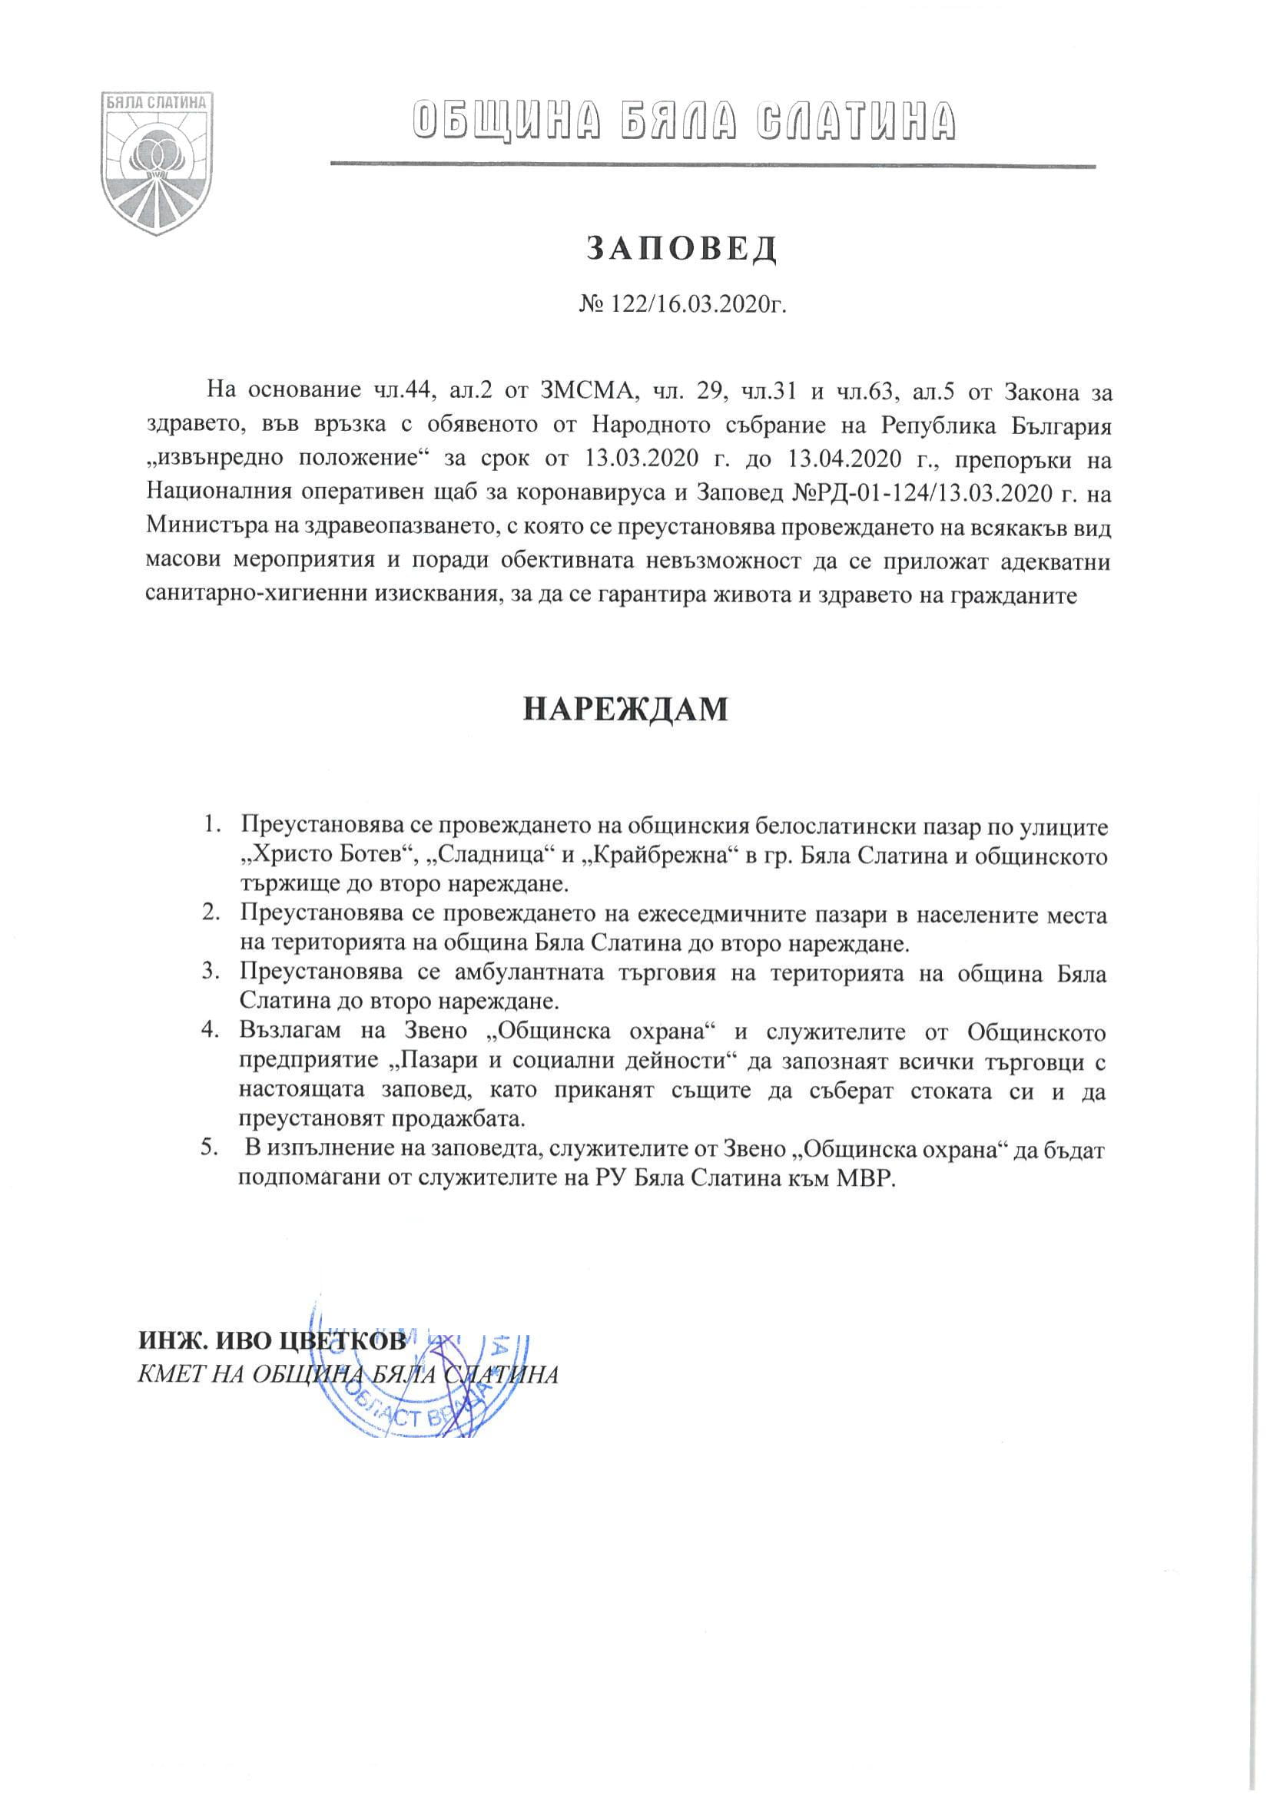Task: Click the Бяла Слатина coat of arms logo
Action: [x=160, y=159]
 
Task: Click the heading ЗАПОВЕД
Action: [x=681, y=249]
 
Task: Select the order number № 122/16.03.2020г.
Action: [x=681, y=303]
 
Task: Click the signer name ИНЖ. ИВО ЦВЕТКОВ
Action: [x=272, y=1342]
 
